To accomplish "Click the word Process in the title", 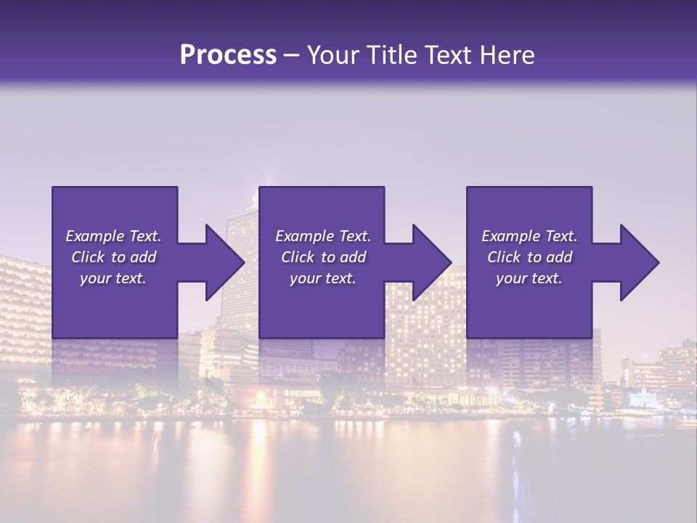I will (228, 54).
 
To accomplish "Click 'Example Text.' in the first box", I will (113, 236).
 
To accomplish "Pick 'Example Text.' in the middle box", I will (323, 236).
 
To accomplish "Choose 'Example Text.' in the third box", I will (529, 236).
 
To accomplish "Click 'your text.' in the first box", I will (113, 278).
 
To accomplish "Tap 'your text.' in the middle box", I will (323, 278).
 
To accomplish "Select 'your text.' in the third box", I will (529, 278).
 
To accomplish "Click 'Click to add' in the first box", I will (113, 257).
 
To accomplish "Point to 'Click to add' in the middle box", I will (323, 257).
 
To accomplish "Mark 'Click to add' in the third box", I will (529, 257).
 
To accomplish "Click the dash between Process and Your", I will (292, 56).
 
